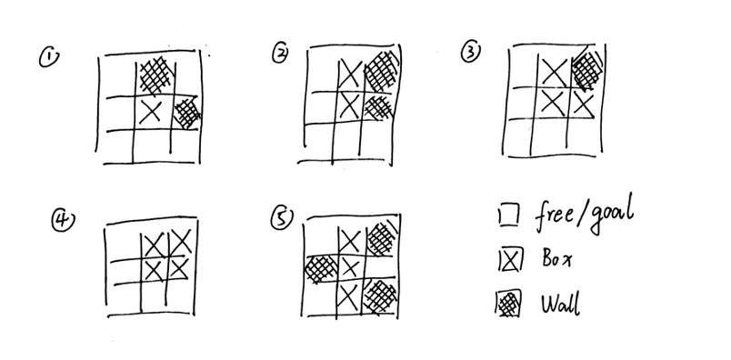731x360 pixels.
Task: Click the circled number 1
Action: point(49,58)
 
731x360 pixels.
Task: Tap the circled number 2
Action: point(280,55)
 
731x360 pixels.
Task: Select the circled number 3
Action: point(470,52)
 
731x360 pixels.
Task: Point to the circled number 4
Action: point(63,221)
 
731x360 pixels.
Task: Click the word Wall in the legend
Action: point(561,305)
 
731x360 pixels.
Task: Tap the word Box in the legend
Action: point(556,258)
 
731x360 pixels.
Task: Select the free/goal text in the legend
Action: point(584,215)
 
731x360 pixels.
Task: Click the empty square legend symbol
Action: point(508,216)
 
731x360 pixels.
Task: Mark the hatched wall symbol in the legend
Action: point(508,305)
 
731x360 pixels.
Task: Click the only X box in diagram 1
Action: point(153,113)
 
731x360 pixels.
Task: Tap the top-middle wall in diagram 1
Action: point(155,75)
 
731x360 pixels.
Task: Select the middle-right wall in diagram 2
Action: point(378,107)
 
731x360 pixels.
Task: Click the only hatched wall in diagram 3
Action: point(586,70)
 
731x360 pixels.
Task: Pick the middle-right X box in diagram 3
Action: point(583,105)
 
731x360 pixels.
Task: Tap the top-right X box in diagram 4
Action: point(180,242)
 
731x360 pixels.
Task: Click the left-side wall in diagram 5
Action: point(321,269)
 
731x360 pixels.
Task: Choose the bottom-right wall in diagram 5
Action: point(380,295)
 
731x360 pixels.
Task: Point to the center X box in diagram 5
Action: point(350,268)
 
